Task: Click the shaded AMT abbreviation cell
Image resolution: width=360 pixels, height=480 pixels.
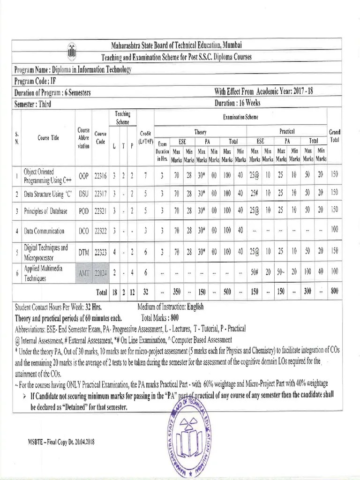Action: (84, 274)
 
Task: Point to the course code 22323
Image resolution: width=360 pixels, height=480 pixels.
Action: (100, 252)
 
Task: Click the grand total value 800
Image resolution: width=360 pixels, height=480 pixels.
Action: (334, 292)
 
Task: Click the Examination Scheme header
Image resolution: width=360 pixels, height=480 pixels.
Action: (240, 116)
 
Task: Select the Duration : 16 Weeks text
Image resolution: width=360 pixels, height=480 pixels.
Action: (237, 103)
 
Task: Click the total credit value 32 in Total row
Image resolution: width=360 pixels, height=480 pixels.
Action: (146, 292)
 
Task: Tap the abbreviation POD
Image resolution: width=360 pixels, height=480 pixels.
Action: (83, 211)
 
